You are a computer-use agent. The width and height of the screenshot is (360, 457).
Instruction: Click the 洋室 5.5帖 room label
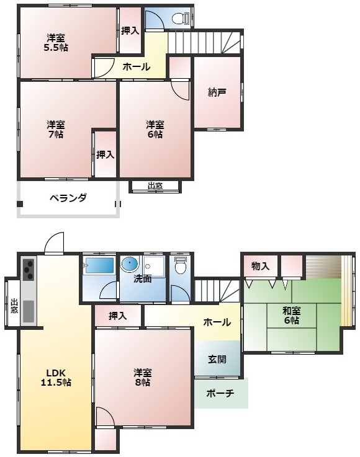(55, 42)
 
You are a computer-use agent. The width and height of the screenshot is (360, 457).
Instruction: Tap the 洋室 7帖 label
(55, 128)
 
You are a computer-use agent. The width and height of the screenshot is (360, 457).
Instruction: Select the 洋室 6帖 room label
(155, 128)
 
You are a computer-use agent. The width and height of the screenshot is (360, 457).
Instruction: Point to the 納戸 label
(217, 93)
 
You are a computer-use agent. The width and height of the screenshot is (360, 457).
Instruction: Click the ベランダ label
(68, 198)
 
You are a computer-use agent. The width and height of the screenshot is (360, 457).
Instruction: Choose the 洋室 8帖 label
(143, 378)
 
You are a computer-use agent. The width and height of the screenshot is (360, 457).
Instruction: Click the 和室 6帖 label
(291, 316)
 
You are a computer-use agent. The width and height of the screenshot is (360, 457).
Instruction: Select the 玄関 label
(217, 359)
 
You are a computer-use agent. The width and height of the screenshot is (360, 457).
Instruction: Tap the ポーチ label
(220, 393)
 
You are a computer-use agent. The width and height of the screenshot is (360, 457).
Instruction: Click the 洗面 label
(143, 279)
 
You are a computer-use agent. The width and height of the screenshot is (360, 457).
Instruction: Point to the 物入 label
(260, 266)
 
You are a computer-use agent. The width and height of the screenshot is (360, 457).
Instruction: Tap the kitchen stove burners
(29, 268)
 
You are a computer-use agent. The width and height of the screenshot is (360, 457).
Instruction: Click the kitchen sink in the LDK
(29, 311)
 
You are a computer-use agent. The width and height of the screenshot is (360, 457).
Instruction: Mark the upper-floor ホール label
(135, 67)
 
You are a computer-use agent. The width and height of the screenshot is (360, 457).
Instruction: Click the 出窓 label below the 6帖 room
(155, 186)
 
